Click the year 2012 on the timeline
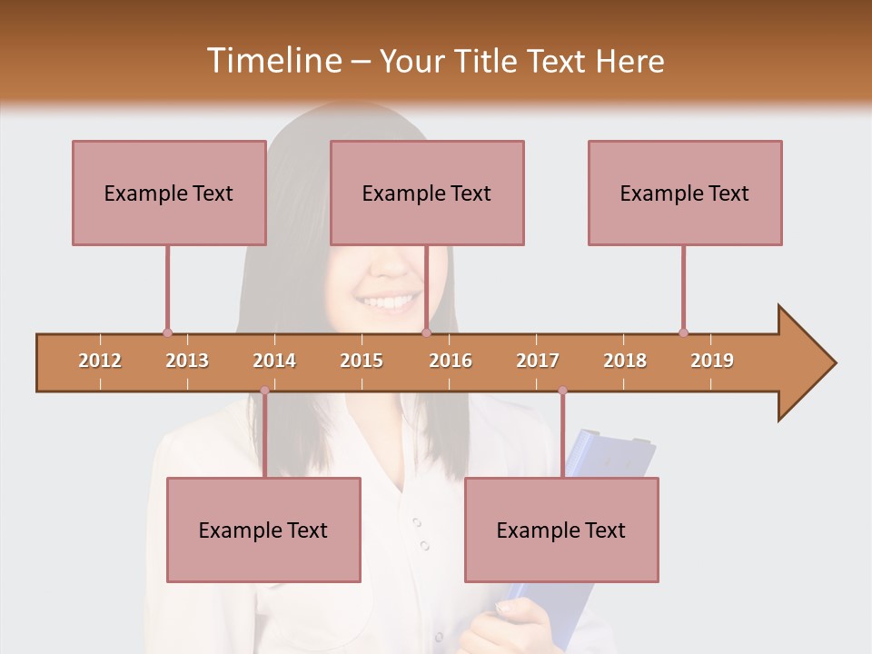pyautogui.click(x=100, y=361)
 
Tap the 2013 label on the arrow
pyautogui.click(x=187, y=361)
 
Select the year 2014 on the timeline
pyautogui.click(x=274, y=361)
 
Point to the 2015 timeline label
pyautogui.click(x=362, y=361)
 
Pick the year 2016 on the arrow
pyautogui.click(x=451, y=361)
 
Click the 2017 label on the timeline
pyautogui.click(x=538, y=361)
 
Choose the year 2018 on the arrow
pyautogui.click(x=625, y=361)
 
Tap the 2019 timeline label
pyautogui.click(x=712, y=361)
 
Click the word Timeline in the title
pyautogui.click(x=272, y=61)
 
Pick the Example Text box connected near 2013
pyautogui.click(x=169, y=193)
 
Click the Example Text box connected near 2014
pyautogui.click(x=263, y=530)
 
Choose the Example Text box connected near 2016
pyautogui.click(x=427, y=193)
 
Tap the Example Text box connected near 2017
pyautogui.click(x=561, y=530)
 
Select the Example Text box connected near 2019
pyautogui.click(x=685, y=193)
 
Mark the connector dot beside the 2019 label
pyautogui.click(x=683, y=332)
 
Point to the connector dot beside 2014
pyautogui.click(x=264, y=391)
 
